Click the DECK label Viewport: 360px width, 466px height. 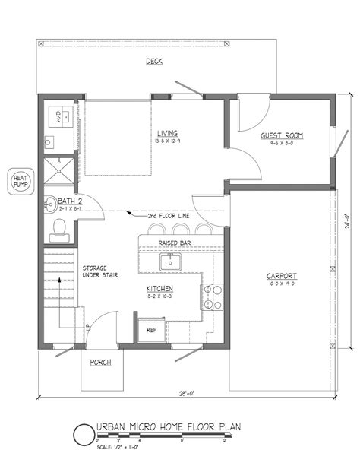click(153, 62)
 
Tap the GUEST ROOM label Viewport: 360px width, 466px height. click(282, 135)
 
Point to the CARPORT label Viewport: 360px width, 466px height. click(281, 276)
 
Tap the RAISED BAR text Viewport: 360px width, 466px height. click(173, 243)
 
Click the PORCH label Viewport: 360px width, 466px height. click(101, 362)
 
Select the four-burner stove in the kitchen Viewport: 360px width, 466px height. click(210, 297)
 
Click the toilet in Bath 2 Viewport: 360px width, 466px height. click(59, 226)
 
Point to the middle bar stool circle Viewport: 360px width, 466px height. click(180, 230)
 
